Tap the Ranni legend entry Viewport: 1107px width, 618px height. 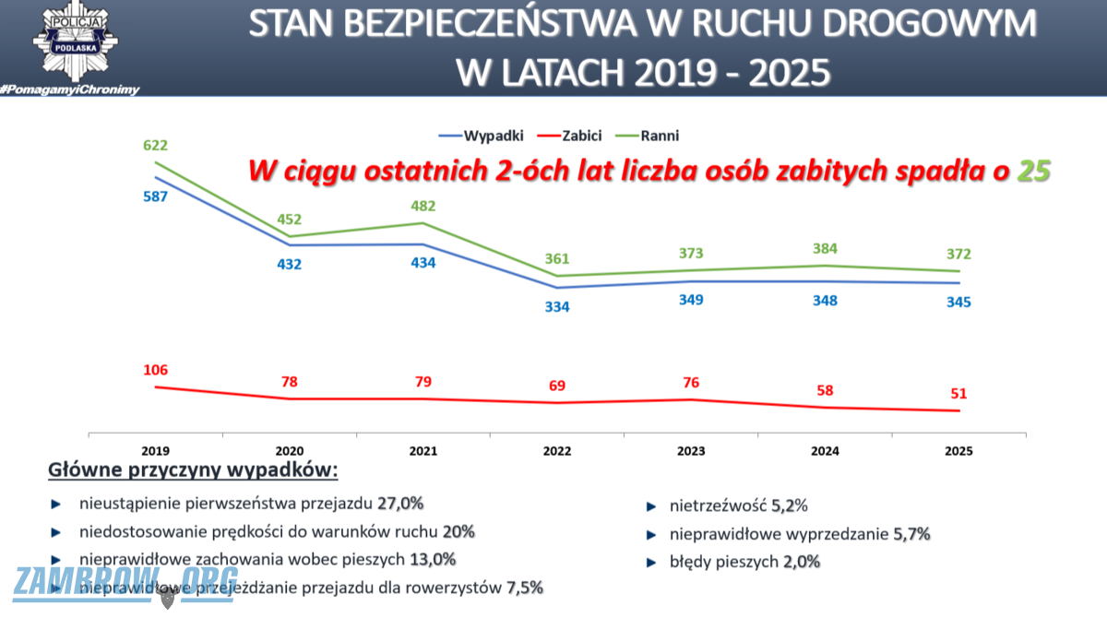pos(662,136)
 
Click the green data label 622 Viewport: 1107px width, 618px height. pos(155,145)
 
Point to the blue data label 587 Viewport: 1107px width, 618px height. pos(155,196)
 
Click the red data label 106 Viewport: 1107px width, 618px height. pos(155,370)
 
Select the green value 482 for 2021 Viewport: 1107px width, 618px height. pos(423,206)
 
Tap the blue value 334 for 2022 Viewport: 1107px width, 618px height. pos(556,306)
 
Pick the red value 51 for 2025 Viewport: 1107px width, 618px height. pos(958,394)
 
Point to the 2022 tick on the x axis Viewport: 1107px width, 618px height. pos(556,452)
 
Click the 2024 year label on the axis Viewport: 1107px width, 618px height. pos(825,452)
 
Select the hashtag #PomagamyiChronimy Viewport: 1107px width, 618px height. pos(70,89)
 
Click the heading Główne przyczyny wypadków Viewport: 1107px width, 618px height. pos(194,470)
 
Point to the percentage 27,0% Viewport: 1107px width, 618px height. pos(399,504)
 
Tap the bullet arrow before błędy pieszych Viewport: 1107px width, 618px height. pos(650,562)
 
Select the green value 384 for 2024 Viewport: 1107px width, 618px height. pos(825,247)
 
